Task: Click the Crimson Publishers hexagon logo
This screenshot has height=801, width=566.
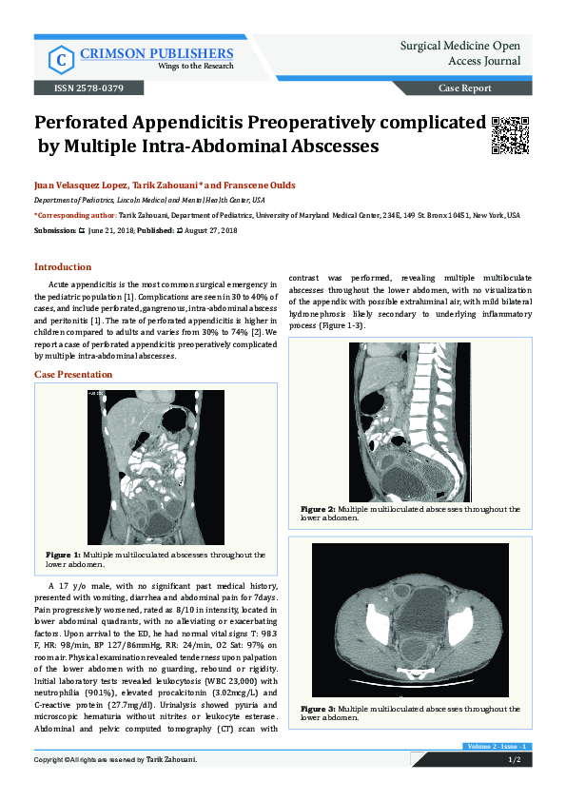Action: (x=60, y=60)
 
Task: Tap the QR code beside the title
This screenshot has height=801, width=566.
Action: (x=510, y=134)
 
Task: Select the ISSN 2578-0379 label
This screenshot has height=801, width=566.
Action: (x=81, y=88)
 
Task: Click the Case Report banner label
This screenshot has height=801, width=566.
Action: (x=464, y=88)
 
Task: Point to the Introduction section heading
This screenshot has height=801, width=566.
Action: (x=63, y=267)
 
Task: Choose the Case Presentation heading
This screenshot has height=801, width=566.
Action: (x=73, y=375)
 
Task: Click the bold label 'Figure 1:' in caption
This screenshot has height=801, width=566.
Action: (x=63, y=554)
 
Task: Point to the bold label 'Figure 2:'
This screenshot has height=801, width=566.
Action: (x=318, y=509)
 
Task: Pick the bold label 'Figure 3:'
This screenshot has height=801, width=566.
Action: (x=318, y=709)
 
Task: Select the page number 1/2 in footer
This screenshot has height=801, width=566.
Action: (x=514, y=760)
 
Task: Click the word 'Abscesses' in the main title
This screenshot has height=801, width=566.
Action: (x=330, y=147)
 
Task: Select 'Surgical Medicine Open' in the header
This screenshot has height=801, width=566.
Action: (x=459, y=45)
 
